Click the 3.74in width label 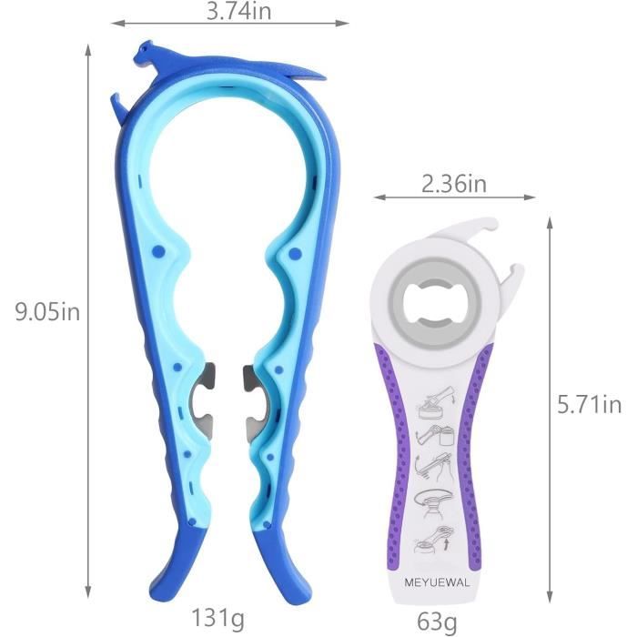238,11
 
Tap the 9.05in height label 47,312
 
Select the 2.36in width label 454,184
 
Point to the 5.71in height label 589,405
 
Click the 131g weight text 218,619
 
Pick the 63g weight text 437,622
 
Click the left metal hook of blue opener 202,399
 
